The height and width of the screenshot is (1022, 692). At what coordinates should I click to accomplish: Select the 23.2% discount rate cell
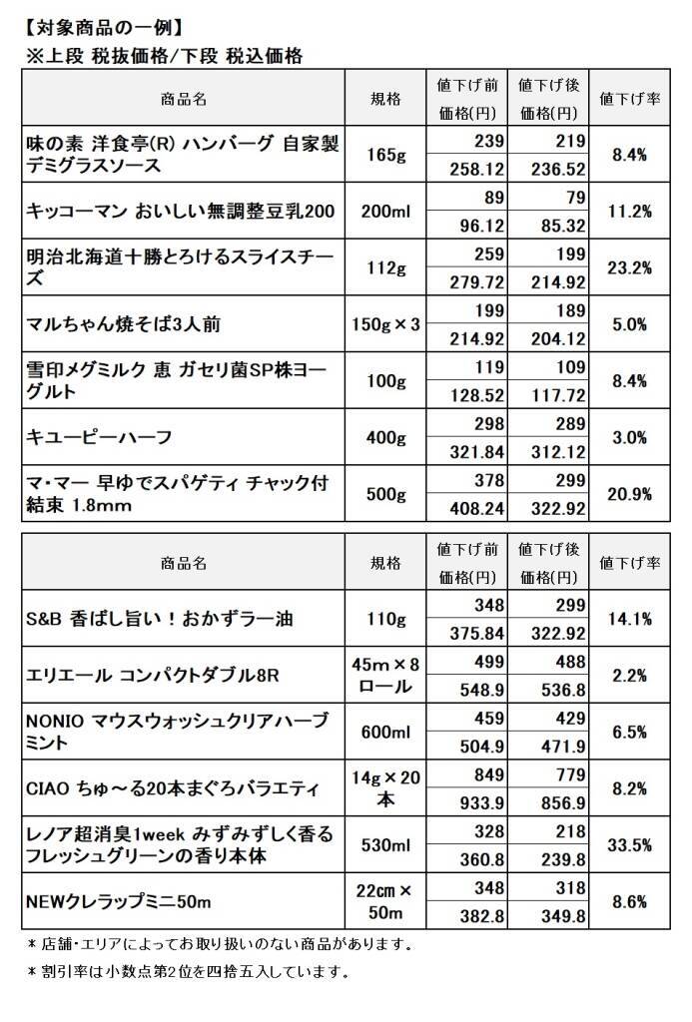(x=630, y=267)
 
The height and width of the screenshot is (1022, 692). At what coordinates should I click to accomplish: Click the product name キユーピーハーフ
(x=99, y=437)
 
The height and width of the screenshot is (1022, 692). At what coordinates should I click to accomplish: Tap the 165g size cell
(x=385, y=155)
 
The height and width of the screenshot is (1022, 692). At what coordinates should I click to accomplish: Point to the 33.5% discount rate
(x=630, y=845)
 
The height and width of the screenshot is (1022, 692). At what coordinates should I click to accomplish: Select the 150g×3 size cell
(x=385, y=324)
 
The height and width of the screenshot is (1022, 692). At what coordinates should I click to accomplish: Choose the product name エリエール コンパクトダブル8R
(x=152, y=676)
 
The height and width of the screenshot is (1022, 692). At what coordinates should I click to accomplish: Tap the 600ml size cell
(x=385, y=733)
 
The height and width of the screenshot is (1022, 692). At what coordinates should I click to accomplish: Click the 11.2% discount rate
(x=630, y=212)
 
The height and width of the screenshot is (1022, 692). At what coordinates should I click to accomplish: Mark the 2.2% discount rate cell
(x=630, y=676)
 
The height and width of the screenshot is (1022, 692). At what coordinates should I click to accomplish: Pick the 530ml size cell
(x=385, y=845)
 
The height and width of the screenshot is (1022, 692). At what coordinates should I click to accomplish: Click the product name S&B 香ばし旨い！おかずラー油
(x=159, y=619)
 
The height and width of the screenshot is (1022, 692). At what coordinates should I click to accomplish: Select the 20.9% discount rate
(x=630, y=494)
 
